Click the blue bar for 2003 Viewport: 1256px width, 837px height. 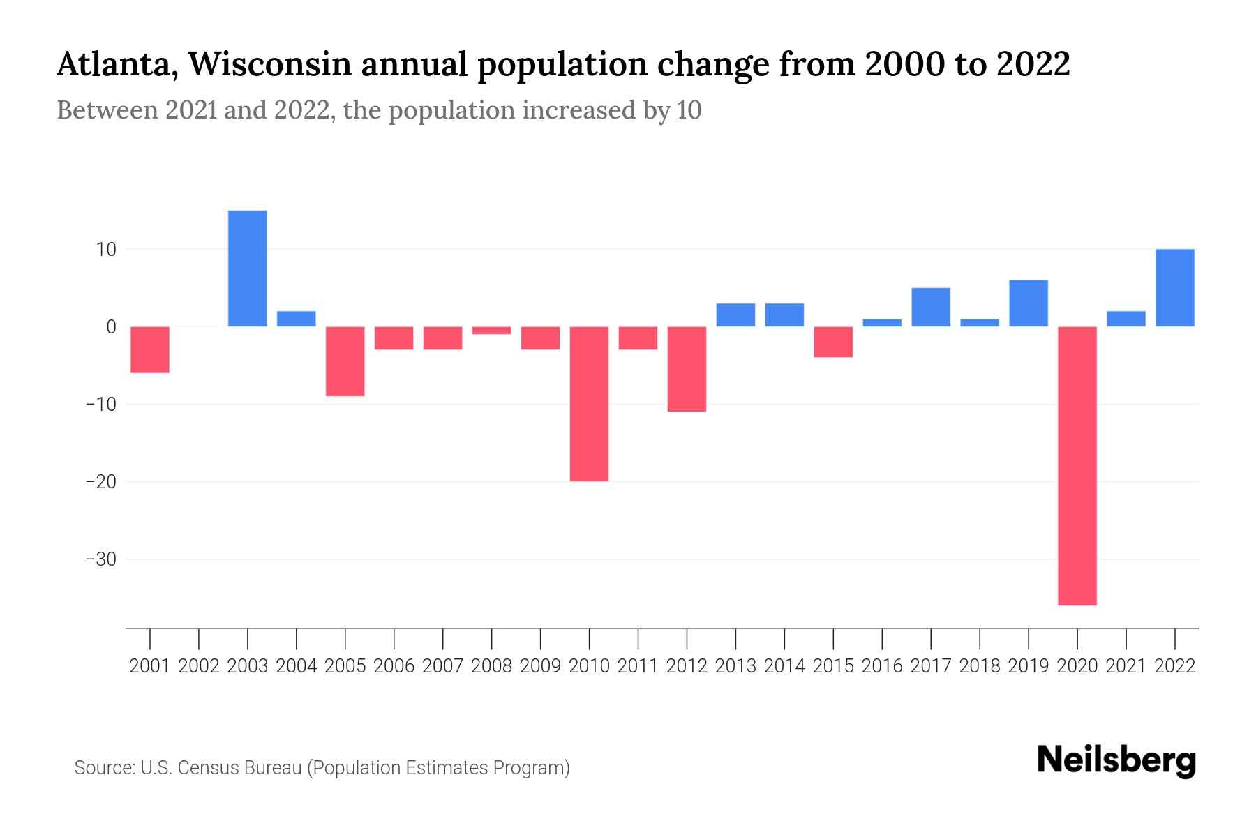click(x=248, y=269)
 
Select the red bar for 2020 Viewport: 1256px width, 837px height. click(x=1077, y=466)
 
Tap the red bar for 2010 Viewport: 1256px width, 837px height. click(x=589, y=404)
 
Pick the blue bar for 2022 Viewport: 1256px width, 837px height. click(x=1175, y=288)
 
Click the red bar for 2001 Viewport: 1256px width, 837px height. click(x=150, y=349)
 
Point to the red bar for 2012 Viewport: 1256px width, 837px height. click(x=687, y=369)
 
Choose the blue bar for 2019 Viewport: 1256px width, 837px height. click(x=1029, y=303)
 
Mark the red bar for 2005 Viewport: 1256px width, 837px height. click(x=345, y=361)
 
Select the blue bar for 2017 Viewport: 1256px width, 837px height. click(x=931, y=307)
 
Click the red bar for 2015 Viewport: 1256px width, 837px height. click(x=833, y=342)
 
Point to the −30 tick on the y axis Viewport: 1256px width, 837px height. click(x=100, y=559)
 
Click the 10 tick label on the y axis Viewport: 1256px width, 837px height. click(x=106, y=250)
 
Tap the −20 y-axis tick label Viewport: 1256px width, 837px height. click(x=100, y=482)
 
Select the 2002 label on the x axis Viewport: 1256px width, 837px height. click(x=199, y=666)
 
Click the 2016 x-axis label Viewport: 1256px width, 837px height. click(x=882, y=666)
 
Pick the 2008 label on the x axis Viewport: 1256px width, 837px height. click(x=492, y=666)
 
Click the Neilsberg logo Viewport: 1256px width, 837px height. click(x=1116, y=760)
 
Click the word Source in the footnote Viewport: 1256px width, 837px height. click(x=104, y=768)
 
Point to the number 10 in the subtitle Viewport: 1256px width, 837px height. click(x=689, y=110)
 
